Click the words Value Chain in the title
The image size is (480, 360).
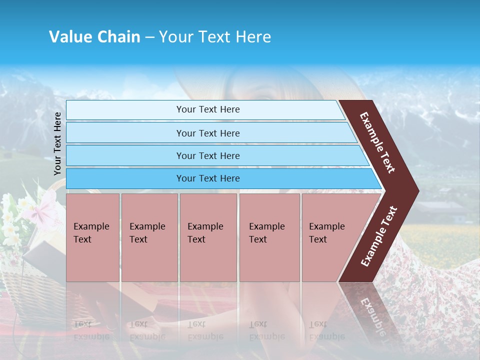coord(94,37)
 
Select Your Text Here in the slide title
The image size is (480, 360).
coord(215,37)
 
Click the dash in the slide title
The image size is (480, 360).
coord(149,37)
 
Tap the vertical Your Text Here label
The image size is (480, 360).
coord(57,143)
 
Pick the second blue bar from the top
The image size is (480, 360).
coord(208,133)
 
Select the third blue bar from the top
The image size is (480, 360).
coord(208,155)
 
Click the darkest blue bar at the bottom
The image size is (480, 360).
coord(208,178)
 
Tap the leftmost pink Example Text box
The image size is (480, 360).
coord(92,237)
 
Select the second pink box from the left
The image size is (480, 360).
coord(149,237)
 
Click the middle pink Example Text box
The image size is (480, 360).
coord(208,237)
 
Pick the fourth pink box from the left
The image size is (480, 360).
coord(269,237)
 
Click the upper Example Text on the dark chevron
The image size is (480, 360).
coord(377,142)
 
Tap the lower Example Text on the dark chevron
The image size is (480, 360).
coord(379,236)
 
